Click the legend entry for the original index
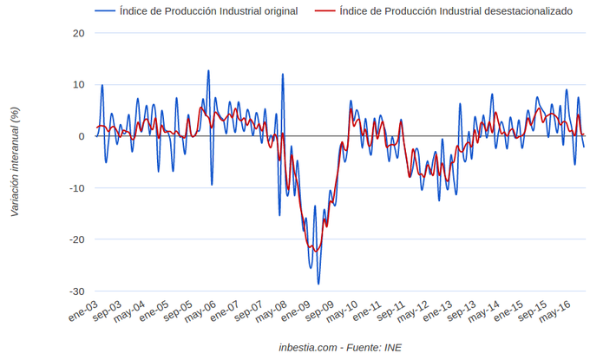click(x=209, y=11)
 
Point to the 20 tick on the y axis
click(x=79, y=33)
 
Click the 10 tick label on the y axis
click(x=79, y=85)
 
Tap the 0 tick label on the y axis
click(x=82, y=136)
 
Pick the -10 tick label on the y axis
click(x=77, y=188)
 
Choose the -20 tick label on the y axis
click(x=77, y=239)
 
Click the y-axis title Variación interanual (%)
click(x=15, y=162)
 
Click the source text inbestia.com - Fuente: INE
click(x=340, y=347)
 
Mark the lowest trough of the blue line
click(x=318, y=284)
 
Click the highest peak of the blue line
click(x=208, y=71)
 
